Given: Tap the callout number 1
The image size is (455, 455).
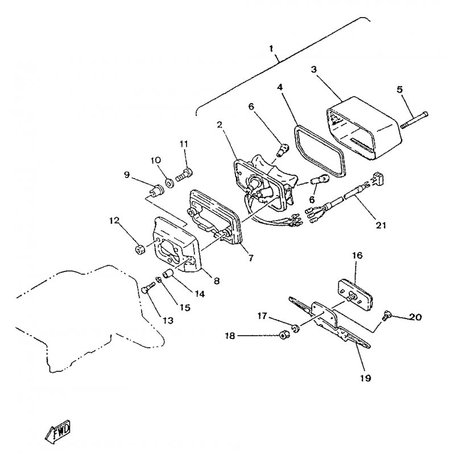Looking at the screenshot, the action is coord(271,48).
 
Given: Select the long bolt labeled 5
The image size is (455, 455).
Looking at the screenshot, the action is coord(415,120).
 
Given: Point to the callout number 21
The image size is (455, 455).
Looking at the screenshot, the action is coord(381,225).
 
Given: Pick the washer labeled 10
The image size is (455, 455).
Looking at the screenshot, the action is coord(169,183).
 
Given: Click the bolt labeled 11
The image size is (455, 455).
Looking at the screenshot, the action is coord(184,175).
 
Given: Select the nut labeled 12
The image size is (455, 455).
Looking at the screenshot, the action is coord(140,249).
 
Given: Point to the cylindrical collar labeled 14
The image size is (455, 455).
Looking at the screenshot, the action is coord(168,274).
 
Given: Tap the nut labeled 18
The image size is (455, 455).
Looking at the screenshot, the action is coord(283,336).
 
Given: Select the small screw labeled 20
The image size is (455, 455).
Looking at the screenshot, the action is coord(387,316).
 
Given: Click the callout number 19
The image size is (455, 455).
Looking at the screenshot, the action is coord(365,378).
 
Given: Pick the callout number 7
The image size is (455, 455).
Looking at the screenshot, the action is coord(251,258).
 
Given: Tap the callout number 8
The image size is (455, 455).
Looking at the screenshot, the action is coord(217,280).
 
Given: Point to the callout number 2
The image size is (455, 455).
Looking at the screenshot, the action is coord(220,125).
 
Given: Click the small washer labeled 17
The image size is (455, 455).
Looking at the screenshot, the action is coord(296,329).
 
